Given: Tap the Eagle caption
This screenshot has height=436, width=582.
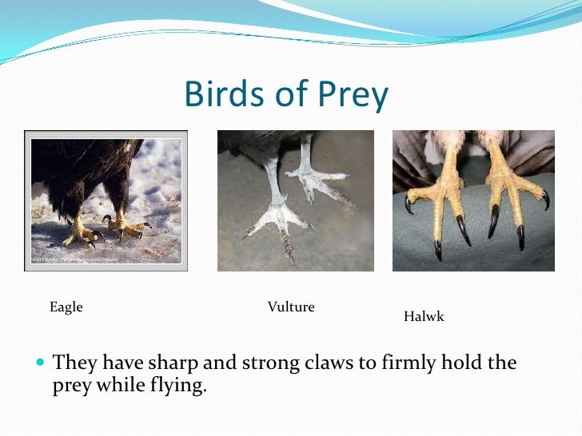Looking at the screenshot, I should pyautogui.click(x=66, y=307).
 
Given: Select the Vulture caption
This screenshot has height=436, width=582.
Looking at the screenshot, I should pyautogui.click(x=291, y=307).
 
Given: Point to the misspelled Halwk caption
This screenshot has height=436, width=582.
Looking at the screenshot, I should pyautogui.click(x=424, y=317).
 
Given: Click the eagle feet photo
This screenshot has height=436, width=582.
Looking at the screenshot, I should pyautogui.click(x=106, y=201).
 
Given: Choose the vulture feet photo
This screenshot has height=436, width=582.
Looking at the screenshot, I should pyautogui.click(x=295, y=201).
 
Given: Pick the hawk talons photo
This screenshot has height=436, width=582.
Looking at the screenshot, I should pyautogui.click(x=473, y=201).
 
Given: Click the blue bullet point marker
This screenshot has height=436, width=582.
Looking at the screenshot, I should pyautogui.click(x=42, y=363).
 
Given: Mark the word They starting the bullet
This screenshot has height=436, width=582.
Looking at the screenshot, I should pyautogui.click(x=74, y=363).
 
